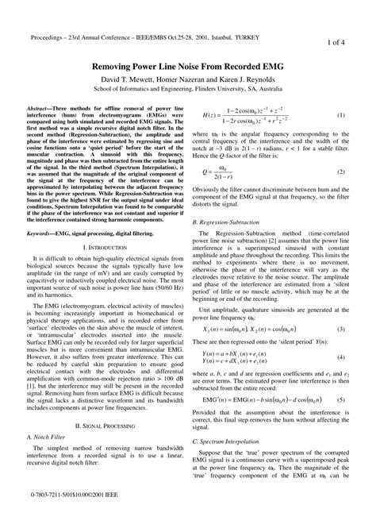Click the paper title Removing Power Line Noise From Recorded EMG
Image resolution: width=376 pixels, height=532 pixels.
[x=188, y=68]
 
